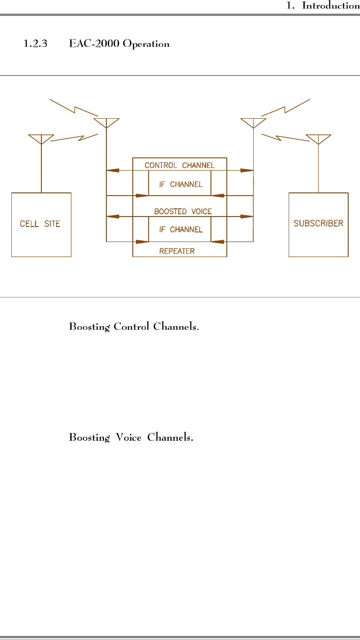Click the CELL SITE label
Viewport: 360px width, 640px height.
pos(40,224)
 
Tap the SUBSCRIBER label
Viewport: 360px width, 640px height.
pos(318,223)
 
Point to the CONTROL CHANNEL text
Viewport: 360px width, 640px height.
pos(179,165)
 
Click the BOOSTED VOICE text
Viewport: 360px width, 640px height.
pos(183,212)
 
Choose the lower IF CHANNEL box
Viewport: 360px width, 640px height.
pos(180,229)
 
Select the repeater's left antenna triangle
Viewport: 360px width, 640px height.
pos(106,122)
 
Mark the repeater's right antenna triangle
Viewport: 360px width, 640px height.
pos(253,122)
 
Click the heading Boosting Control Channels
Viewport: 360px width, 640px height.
pos(134,327)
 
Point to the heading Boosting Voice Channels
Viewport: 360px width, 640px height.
pos(131,438)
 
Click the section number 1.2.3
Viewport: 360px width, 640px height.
pos(35,44)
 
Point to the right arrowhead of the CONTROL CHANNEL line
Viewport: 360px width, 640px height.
pos(247,170)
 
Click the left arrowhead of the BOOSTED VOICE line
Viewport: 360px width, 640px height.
pos(112,217)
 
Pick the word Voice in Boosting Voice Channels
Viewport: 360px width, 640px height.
pos(128,438)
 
